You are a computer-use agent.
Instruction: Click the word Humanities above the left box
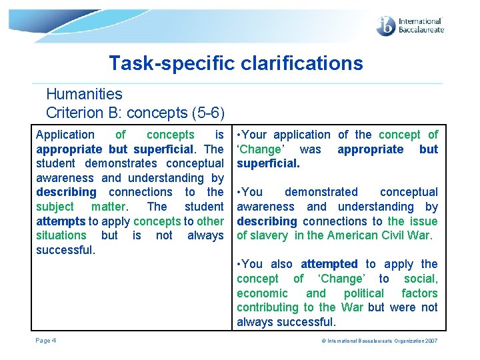click(x=84, y=95)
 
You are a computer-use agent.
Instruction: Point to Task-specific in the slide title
click(x=163, y=63)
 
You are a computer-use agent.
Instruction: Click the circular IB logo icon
click(x=386, y=26)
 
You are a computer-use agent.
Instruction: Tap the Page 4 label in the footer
click(x=46, y=341)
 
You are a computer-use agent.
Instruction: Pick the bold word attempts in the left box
click(x=61, y=221)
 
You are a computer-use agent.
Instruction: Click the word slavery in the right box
click(x=269, y=235)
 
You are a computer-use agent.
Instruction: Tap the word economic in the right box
click(x=263, y=293)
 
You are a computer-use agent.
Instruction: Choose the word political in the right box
click(x=364, y=293)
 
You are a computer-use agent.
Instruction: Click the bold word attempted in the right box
click(x=329, y=264)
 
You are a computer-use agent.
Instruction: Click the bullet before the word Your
click(x=239, y=135)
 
